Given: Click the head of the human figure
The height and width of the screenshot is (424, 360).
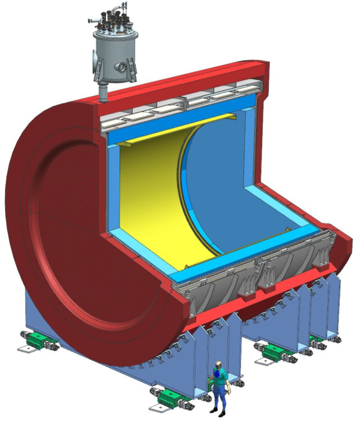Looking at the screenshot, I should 217,364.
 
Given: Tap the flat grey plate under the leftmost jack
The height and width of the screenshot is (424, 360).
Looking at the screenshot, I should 28,348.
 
